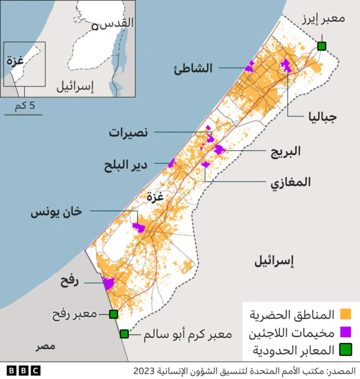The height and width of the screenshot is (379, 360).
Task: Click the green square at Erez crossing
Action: (322, 46)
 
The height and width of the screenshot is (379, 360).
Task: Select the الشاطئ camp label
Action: (194, 68)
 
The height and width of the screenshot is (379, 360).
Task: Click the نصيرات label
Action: (129, 132)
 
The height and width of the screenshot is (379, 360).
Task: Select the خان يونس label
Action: (56, 212)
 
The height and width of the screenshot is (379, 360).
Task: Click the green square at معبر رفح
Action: (113, 314)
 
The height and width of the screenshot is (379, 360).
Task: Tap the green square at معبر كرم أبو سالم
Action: (124, 334)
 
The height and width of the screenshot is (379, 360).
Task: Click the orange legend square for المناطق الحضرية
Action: (346, 314)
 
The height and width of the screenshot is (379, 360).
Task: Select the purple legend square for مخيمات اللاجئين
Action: (346, 332)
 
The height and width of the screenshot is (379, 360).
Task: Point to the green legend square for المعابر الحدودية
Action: (346, 350)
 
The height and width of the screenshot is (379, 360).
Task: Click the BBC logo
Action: (24, 371)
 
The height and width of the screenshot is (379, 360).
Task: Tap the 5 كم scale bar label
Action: (24, 106)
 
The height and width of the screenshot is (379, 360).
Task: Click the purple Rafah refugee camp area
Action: (108, 283)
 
